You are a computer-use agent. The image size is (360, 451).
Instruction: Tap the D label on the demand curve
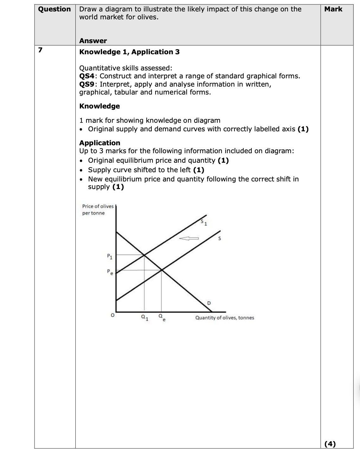click(209, 303)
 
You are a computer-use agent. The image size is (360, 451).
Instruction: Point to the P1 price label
click(109, 257)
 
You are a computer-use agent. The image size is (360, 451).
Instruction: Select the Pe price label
click(109, 272)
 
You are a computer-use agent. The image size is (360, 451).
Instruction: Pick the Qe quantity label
click(162, 317)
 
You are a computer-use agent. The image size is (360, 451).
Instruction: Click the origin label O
click(112, 316)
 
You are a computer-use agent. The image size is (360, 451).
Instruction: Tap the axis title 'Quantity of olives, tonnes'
click(225, 317)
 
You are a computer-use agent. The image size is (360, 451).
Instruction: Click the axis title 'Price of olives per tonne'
click(98, 210)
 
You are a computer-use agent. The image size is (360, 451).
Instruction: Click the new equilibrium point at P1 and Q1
click(145, 255)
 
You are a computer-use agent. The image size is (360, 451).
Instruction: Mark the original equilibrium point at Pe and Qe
click(162, 270)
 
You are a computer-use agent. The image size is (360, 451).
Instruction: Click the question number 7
click(40, 50)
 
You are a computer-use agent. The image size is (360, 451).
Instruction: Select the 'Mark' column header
click(333, 9)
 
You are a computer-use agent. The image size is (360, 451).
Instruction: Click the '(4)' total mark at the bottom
click(330, 444)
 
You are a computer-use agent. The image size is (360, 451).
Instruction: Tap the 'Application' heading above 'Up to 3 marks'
click(100, 143)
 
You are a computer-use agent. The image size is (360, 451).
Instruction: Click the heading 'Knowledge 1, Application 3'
click(129, 52)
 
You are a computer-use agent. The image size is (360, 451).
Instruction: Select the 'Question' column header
click(55, 9)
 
